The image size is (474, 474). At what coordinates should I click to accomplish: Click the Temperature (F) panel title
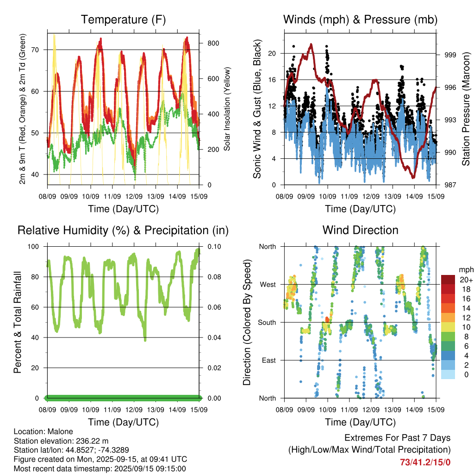pyautogui.click(x=123, y=19)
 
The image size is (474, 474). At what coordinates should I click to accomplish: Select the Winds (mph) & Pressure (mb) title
pyautogui.click(x=360, y=19)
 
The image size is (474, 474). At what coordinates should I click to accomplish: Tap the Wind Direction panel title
pyautogui.click(x=360, y=230)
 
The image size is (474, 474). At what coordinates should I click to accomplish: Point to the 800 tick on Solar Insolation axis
pyautogui.click(x=213, y=43)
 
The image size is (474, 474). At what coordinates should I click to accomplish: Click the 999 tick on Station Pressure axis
pyautogui.click(x=450, y=55)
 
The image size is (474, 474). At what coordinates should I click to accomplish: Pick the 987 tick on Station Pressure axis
pyautogui.click(x=450, y=185)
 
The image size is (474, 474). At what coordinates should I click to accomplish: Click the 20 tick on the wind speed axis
pyautogui.click(x=272, y=54)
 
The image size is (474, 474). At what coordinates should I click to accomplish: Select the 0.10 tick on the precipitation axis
pyautogui.click(x=214, y=247)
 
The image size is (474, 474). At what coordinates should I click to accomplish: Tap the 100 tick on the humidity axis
pyautogui.click(x=33, y=247)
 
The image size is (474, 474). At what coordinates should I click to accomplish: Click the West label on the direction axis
pyautogui.click(x=268, y=285)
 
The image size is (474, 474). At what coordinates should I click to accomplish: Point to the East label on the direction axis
pyautogui.click(x=269, y=360)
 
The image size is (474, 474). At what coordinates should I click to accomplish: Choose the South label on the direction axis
pyautogui.click(x=267, y=323)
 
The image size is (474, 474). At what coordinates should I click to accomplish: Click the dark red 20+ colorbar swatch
pyautogui.click(x=448, y=280)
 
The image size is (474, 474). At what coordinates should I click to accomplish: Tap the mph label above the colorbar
pyautogui.click(x=466, y=270)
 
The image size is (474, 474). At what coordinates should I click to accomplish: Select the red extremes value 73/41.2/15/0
pyautogui.click(x=425, y=462)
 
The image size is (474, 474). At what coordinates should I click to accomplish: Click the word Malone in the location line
pyautogui.click(x=61, y=432)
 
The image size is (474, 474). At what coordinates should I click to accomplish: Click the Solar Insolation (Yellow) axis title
pyautogui.click(x=227, y=109)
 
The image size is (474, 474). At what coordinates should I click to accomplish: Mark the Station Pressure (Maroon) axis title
pyautogui.click(x=466, y=109)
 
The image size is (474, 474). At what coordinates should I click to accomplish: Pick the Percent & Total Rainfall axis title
pyautogui.click(x=18, y=322)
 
